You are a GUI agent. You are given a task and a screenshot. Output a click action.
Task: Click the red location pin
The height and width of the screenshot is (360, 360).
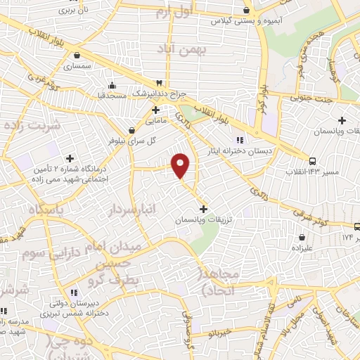pyautogui.click(x=181, y=165)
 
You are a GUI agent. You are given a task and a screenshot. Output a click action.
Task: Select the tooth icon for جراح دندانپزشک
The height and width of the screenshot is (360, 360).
pyautogui.click(x=160, y=83)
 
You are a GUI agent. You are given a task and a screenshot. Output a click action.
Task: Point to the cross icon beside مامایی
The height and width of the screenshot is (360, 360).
pyautogui.click(x=156, y=110)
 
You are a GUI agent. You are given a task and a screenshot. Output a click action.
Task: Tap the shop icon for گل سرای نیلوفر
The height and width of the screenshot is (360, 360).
pyautogui.click(x=131, y=130)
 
